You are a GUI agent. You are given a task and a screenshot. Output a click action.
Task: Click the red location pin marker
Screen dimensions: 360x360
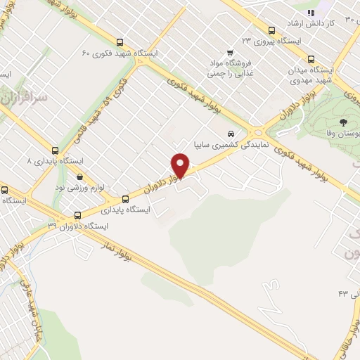[x=181, y=166]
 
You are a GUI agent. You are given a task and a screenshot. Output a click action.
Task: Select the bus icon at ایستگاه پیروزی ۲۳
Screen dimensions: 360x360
[x=271, y=30]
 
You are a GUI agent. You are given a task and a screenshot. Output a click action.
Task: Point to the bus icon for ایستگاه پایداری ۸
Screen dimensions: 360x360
[x=56, y=150]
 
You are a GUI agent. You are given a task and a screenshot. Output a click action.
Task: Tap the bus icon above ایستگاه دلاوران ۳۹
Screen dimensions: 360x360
[x=77, y=215]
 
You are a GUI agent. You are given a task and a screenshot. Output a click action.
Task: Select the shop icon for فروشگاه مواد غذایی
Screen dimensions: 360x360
[x=230, y=53]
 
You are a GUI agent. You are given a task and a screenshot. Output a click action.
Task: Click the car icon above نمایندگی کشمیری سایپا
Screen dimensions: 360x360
[x=230, y=134]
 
